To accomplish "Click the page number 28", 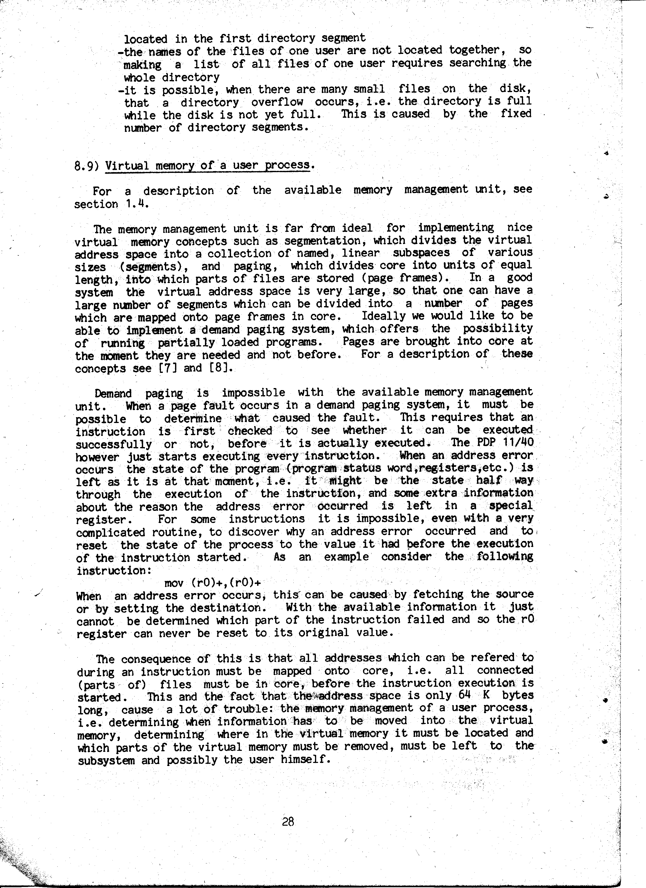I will (288, 821).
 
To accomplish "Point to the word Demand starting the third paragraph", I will (113, 393).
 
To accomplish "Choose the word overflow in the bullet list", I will (277, 102).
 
